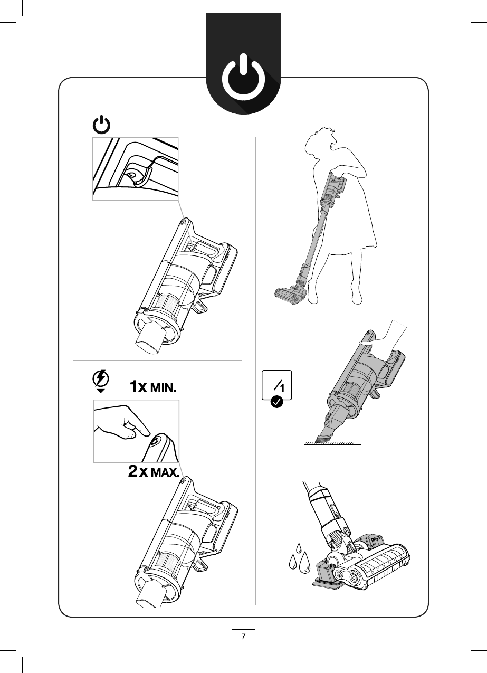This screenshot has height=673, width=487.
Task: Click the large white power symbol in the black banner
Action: tap(243, 81)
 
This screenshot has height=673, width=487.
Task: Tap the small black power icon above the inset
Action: tap(102, 126)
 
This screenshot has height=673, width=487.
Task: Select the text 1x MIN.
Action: tap(153, 387)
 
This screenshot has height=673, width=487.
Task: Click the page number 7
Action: tap(243, 637)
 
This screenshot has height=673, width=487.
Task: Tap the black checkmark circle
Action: tap(275, 403)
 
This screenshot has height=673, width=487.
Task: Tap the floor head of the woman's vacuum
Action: tap(289, 292)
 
